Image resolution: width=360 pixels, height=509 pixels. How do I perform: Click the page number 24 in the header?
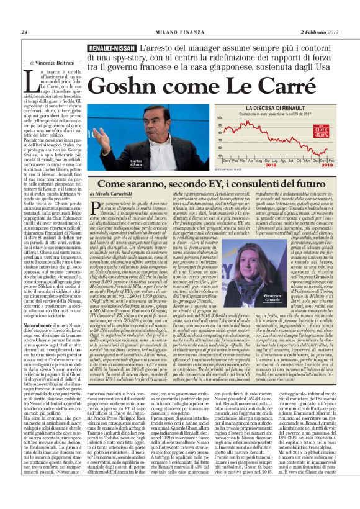pos(25,32)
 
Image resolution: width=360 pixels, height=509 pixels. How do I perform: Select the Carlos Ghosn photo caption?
pos(137,163)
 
